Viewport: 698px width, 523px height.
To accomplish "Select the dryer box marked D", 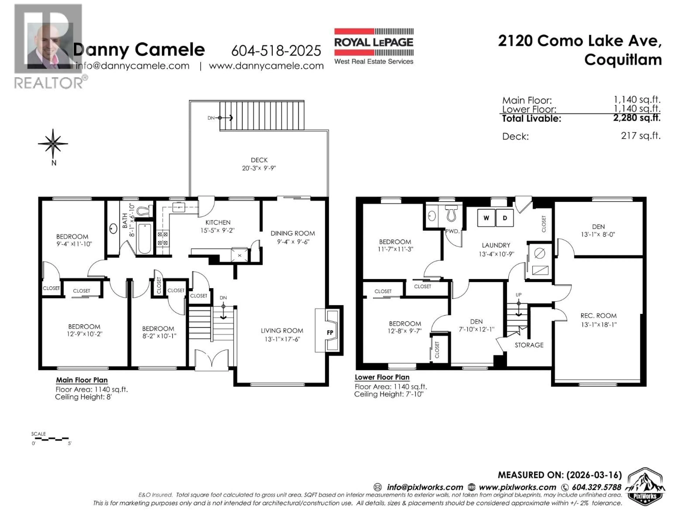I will tap(505, 218).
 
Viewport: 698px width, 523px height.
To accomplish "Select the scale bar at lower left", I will tap(51, 439).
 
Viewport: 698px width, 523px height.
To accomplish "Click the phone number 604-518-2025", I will tap(276, 51).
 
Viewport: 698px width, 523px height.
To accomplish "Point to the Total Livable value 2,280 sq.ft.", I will tap(636, 118).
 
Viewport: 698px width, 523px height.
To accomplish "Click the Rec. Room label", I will tap(599, 316).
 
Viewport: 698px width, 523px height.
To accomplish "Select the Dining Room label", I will tap(292, 233).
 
